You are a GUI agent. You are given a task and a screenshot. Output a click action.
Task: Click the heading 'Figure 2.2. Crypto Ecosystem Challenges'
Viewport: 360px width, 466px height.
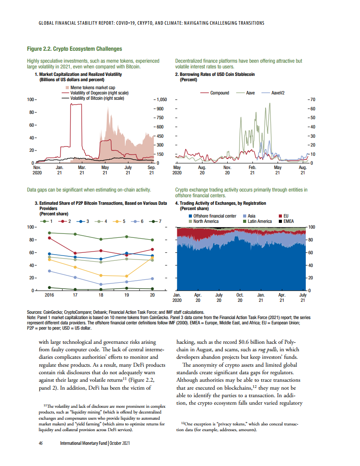[75, 49]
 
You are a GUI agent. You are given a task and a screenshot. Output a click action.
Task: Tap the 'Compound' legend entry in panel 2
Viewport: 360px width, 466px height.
[219, 93]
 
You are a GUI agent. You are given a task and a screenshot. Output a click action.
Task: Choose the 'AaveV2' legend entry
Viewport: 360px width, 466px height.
[280, 93]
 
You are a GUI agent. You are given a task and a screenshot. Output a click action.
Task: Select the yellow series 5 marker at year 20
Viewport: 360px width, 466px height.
[152, 258]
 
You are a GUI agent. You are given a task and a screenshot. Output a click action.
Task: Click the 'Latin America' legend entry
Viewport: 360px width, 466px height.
[260, 221]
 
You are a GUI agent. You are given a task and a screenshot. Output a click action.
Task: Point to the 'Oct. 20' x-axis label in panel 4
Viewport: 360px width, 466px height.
[240, 298]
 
